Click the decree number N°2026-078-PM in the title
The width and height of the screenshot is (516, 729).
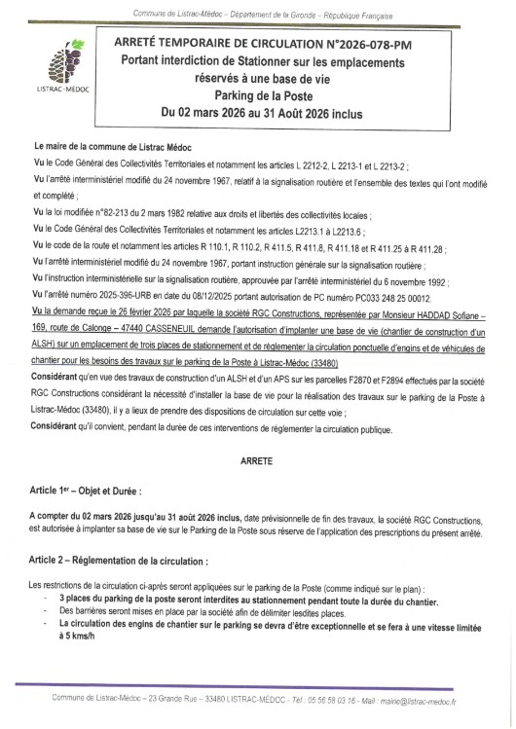[389, 45]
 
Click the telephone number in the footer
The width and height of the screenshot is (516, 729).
[334, 700]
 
